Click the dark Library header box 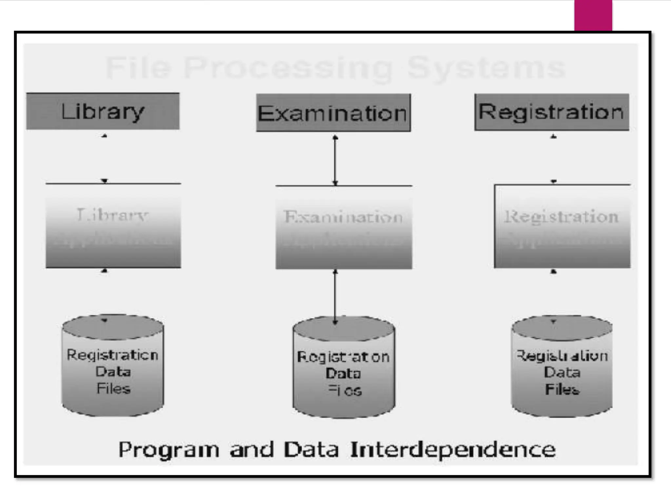point(103,111)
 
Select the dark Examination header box point(333,113)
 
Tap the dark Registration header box point(552,112)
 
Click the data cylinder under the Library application point(113,365)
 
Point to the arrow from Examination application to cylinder point(335,296)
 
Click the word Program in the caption point(168,450)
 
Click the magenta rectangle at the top point(593,15)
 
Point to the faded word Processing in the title point(288,68)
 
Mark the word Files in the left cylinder point(113,389)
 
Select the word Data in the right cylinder point(562,372)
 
